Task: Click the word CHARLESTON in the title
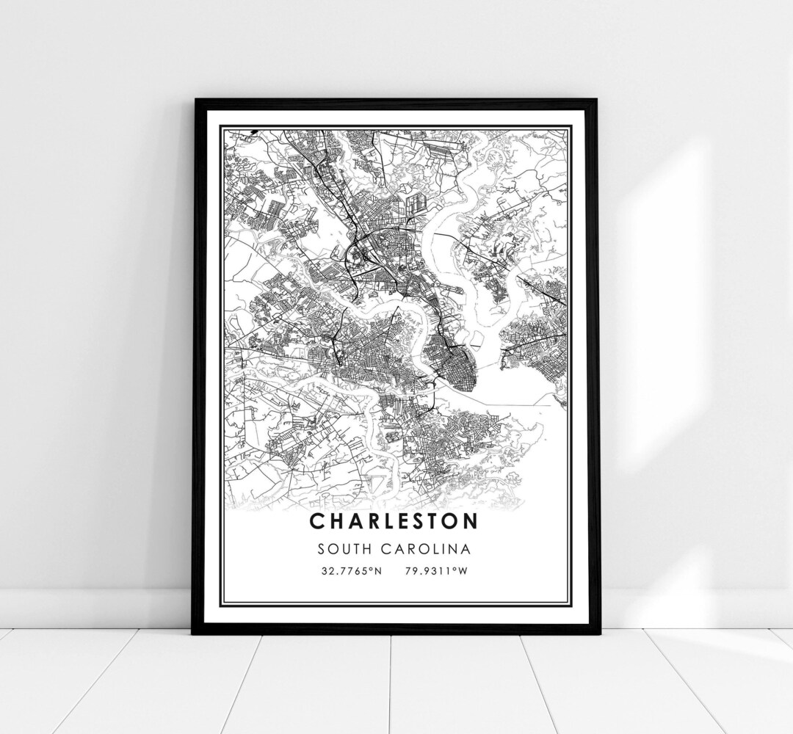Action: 394,520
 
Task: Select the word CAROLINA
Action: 431,548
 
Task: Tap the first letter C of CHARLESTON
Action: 316,520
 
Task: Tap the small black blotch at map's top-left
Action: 252,134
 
